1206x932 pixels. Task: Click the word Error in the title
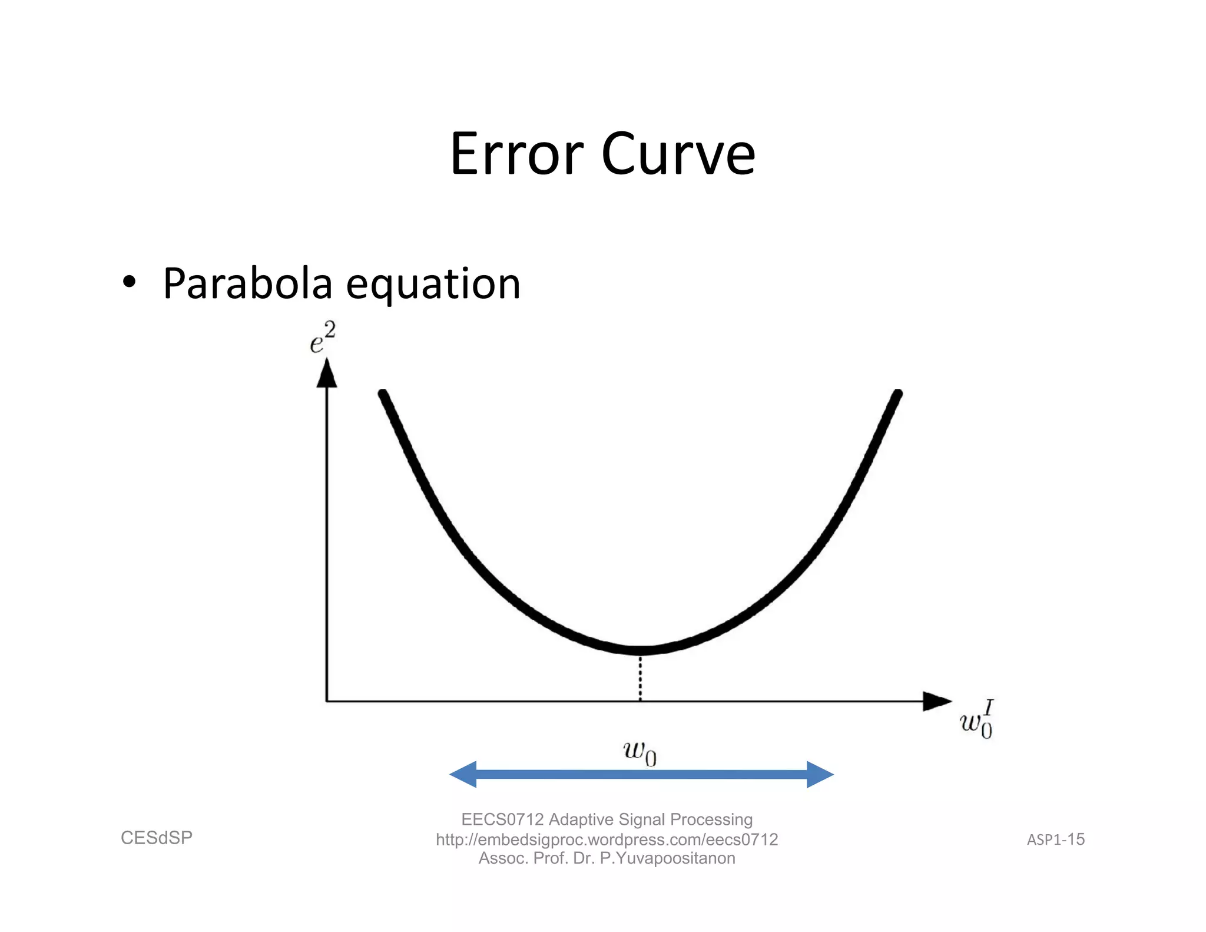point(516,154)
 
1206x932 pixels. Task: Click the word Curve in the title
point(678,154)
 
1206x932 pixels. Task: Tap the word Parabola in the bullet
point(247,284)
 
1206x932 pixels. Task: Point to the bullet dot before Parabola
point(129,282)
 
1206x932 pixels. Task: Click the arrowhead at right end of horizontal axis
point(936,701)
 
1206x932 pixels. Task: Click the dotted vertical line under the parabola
point(640,677)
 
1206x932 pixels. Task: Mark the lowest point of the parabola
point(640,650)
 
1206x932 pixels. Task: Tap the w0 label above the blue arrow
point(640,753)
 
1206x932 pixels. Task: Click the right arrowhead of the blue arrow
point(820,774)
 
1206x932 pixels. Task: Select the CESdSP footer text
point(157,838)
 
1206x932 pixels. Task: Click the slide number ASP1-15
point(1056,840)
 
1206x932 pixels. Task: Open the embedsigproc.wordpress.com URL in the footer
point(607,840)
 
